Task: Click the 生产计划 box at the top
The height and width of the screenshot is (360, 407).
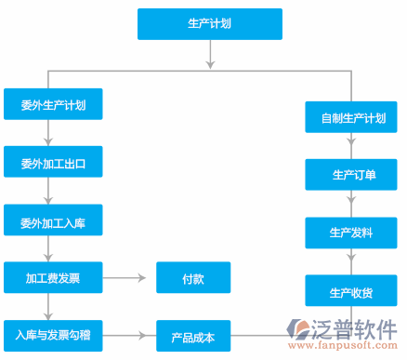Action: click(210, 24)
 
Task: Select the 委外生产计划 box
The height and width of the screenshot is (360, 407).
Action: click(53, 104)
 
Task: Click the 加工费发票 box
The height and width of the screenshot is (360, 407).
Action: click(53, 277)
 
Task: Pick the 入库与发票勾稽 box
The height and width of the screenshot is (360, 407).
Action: click(53, 334)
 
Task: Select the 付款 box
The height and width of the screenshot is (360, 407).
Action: click(193, 277)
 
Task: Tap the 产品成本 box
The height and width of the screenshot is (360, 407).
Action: click(193, 336)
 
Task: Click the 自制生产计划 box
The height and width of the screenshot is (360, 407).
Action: click(352, 117)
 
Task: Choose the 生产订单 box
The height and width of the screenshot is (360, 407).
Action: click(352, 174)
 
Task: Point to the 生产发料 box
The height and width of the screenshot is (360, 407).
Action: click(352, 232)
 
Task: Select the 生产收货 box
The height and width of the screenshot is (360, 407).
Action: click(352, 291)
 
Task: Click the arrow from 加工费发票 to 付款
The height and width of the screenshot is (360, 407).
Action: click(128, 277)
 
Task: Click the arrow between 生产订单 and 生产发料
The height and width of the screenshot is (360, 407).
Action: click(352, 203)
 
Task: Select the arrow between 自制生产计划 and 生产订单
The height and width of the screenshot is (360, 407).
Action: click(352, 145)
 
